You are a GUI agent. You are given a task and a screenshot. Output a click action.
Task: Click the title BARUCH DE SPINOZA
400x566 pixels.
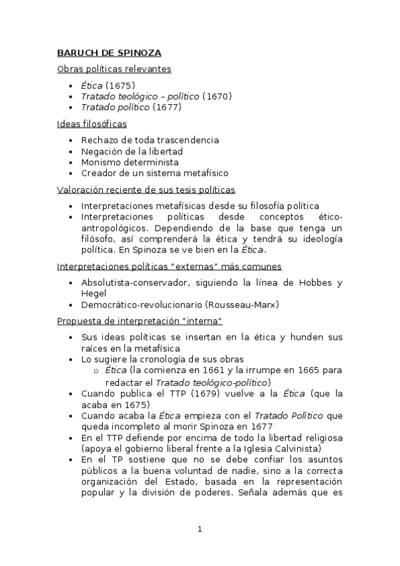point(109,53)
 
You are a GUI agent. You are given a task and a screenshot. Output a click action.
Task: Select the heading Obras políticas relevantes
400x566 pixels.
point(114,69)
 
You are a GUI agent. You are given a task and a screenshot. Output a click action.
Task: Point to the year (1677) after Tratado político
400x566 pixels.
point(167,107)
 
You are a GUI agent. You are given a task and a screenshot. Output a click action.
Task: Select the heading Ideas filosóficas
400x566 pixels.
point(92,123)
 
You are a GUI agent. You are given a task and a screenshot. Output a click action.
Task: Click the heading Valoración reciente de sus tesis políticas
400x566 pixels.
point(146,190)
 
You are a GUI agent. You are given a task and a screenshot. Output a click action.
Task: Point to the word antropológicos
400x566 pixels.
point(114,228)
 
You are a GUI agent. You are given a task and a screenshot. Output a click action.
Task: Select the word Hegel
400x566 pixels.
point(94,294)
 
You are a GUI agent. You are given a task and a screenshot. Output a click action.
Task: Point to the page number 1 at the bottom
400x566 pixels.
point(200,529)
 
